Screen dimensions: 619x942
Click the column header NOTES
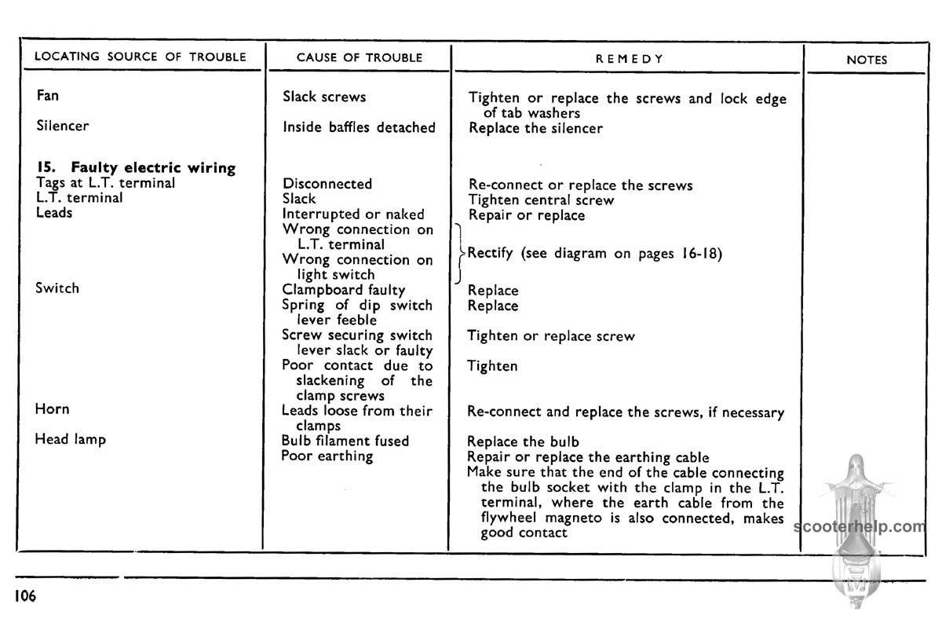pyautogui.click(x=867, y=60)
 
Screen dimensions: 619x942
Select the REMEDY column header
pyautogui.click(x=630, y=59)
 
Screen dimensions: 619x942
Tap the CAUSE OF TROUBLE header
pyautogui.click(x=360, y=57)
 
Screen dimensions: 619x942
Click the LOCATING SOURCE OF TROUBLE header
pyautogui.click(x=141, y=57)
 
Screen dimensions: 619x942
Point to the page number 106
pyautogui.click(x=24, y=596)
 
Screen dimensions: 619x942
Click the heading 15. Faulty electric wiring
pyautogui.click(x=136, y=167)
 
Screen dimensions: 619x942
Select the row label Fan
pyautogui.click(x=48, y=96)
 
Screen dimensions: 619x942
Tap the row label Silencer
pyautogui.click(x=63, y=126)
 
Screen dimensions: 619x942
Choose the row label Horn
pyautogui.click(x=52, y=409)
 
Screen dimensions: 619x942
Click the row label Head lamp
pyautogui.click(x=70, y=439)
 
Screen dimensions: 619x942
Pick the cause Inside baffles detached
pyautogui.click(x=359, y=127)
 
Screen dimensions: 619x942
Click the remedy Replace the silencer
pyautogui.click(x=536, y=128)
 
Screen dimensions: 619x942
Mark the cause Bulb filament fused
pyautogui.click(x=345, y=441)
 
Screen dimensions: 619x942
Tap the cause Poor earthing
pyautogui.click(x=327, y=456)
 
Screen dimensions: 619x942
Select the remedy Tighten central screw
pyautogui.click(x=542, y=200)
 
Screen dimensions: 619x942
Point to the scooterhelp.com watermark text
pyautogui.click(x=860, y=526)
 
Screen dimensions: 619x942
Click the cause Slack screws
pyautogui.click(x=324, y=97)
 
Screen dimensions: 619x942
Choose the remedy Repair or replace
pyautogui.click(x=527, y=215)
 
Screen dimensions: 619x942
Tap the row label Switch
pyautogui.click(x=57, y=288)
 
